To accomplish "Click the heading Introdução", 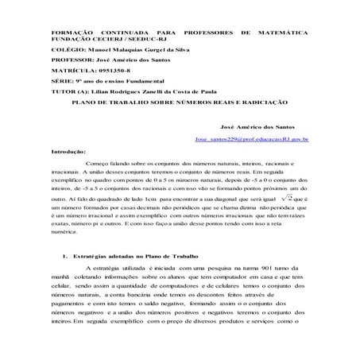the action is [68, 149].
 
